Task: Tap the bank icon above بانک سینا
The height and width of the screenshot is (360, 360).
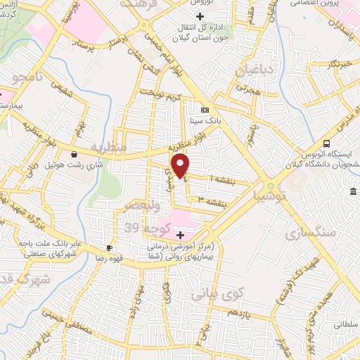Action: click(205, 110)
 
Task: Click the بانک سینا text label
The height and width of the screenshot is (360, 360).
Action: click(205, 120)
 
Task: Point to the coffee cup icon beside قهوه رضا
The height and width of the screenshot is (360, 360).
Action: click(109, 247)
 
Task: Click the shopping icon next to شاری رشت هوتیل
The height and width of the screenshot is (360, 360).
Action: click(75, 155)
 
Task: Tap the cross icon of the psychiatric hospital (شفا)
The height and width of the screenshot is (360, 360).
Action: click(181, 234)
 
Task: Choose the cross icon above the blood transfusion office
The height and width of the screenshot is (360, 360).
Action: click(201, 16)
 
